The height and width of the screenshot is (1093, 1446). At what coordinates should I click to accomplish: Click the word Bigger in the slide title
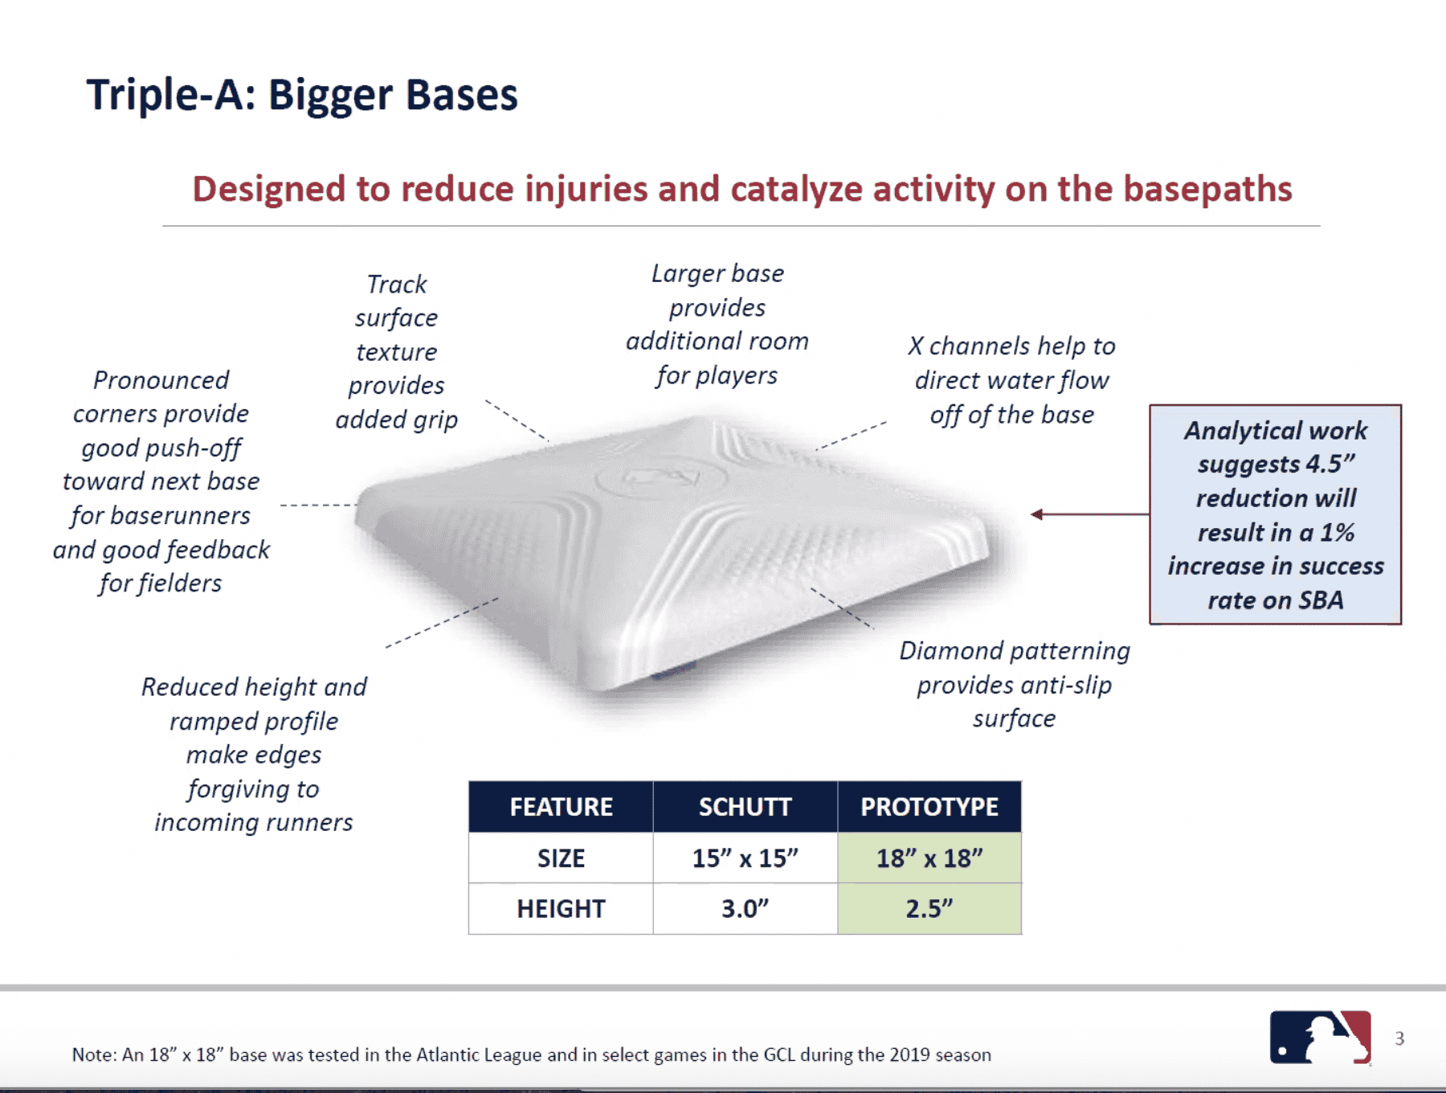coord(329,96)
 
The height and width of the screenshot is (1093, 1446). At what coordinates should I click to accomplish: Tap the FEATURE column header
coord(561,807)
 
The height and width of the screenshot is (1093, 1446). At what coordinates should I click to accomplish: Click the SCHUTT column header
coord(745,807)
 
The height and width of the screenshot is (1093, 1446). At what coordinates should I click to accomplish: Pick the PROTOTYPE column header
coord(929,807)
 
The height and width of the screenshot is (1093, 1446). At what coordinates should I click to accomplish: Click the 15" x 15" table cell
coord(745,858)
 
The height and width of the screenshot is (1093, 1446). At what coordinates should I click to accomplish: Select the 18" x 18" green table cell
coord(929,858)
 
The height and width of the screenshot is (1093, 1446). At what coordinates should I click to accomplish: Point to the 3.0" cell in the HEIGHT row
coord(745,909)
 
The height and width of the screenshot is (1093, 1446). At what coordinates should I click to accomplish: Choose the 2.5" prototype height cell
coord(929,909)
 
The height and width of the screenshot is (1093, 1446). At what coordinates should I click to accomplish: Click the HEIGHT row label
coord(561,909)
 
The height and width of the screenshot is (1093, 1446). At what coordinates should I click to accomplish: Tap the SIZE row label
coord(561,858)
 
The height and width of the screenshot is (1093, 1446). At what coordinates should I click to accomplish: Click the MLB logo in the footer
coord(1320,1038)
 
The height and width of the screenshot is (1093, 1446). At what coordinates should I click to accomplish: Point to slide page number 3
coord(1399,1038)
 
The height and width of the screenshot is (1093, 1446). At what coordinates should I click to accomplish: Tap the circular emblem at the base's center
coord(661,480)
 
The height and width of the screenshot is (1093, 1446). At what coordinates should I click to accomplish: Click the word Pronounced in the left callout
coord(161,380)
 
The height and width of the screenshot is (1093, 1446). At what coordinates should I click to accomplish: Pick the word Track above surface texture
coord(397,285)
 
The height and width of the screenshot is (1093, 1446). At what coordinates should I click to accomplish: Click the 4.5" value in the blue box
coord(1330,465)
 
